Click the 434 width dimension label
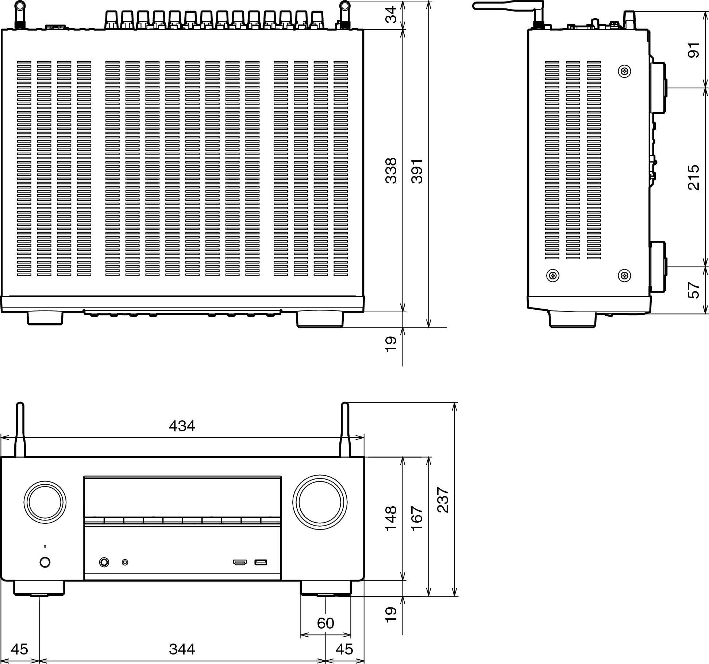coord(182,426)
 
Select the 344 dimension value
coord(182,649)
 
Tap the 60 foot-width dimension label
coord(325,623)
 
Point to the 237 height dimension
coord(443,500)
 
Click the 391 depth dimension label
coord(417,171)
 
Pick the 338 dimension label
coord(391,171)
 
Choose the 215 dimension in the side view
coord(693,178)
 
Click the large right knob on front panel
coord(320,503)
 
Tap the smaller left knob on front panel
coord(45,503)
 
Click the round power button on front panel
coord(45,562)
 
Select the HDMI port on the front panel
coord(240,562)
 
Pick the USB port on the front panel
coord(261,562)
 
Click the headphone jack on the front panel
coord(104,562)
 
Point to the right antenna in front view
coord(345,430)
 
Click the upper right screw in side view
coord(625,71)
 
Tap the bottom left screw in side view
coord(553,275)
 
